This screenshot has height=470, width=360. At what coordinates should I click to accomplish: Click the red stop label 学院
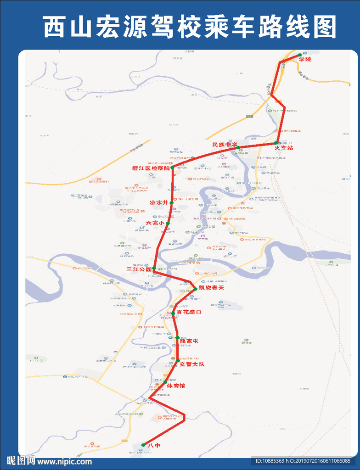tap(305, 59)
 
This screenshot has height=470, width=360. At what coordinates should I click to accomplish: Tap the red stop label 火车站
tap(284, 148)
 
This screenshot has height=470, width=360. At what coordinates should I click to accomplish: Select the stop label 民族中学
tap(225, 145)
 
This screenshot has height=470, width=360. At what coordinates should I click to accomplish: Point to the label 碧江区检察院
tap(151, 168)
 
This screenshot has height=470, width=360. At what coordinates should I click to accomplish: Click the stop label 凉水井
tap(159, 202)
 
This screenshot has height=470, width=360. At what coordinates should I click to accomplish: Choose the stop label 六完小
tap(155, 223)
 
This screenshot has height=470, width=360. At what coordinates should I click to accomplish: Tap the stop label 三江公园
tap(139, 269)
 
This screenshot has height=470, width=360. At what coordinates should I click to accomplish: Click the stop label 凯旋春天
tap(212, 288)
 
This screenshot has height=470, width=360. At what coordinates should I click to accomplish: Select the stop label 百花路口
tap(189, 313)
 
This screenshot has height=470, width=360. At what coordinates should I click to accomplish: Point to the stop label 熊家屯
tap(189, 341)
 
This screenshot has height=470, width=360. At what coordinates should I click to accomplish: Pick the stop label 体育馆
tap(176, 386)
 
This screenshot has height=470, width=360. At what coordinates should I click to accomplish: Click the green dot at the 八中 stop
tap(143, 445)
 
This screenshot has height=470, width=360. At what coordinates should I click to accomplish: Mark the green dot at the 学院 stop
tap(300, 55)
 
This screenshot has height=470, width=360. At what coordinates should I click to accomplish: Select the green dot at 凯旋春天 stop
tap(195, 289)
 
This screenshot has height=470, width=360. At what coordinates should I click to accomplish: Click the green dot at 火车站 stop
tap(275, 144)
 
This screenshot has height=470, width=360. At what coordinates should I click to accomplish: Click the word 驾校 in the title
tap(160, 26)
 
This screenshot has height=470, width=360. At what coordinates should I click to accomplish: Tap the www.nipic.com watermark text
tap(64, 462)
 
